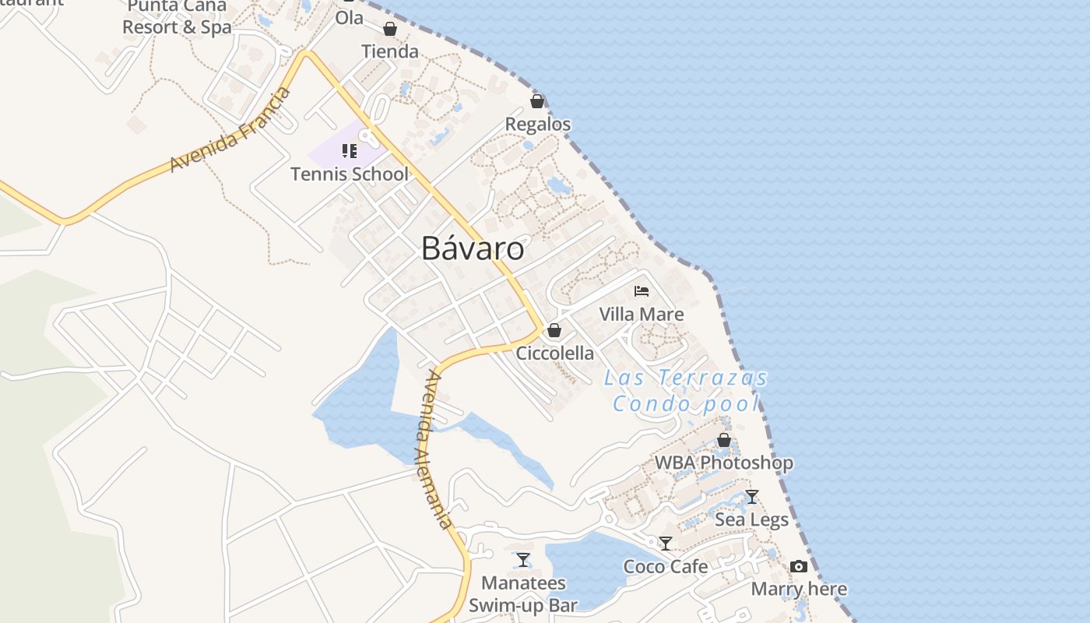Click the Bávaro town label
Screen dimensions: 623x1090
[473, 248]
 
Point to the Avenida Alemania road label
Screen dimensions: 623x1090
[434, 450]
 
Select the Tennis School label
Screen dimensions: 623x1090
[349, 174]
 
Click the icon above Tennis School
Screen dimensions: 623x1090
[349, 150]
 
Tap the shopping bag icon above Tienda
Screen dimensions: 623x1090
[390, 29]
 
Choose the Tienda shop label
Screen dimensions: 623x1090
[390, 51]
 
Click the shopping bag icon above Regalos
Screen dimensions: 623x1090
[537, 101]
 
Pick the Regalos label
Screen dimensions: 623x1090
[538, 124]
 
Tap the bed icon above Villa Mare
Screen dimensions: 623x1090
[642, 291]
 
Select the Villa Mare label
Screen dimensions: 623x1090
[642, 314]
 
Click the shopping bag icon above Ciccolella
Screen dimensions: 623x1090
[554, 330]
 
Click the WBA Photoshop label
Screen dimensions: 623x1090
[723, 463]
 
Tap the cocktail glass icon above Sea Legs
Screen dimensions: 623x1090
[752, 497]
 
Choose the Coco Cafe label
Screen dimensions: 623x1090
[666, 566]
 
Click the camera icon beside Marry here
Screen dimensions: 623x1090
[799, 566]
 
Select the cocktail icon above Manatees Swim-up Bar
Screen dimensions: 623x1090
[523, 560]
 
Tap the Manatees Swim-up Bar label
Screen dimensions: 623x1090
[523, 593]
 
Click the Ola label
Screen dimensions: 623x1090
[350, 17]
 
